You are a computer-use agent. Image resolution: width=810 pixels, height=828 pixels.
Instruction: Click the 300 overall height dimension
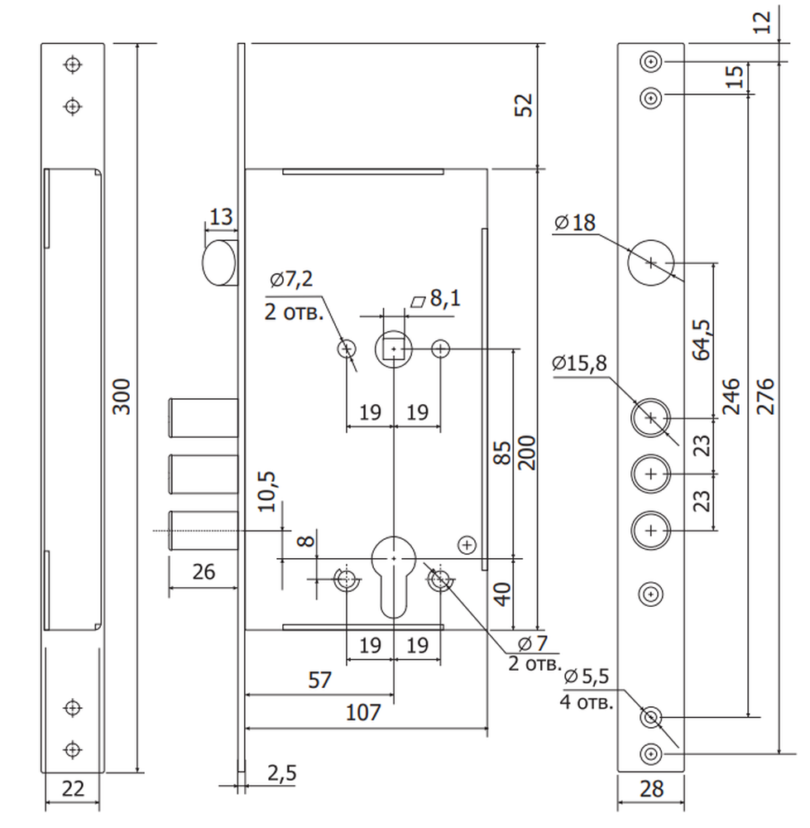(122, 397)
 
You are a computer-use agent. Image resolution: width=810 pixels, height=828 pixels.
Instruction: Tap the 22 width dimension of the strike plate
(73, 789)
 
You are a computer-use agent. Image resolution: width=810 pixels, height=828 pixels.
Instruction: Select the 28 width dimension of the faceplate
(651, 789)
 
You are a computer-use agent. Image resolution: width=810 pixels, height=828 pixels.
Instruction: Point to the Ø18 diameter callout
(575, 223)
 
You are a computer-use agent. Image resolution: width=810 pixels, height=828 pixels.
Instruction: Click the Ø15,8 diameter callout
(579, 363)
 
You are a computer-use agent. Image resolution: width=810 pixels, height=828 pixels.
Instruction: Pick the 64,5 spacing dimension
(702, 340)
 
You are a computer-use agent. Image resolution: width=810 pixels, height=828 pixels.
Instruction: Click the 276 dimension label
(765, 397)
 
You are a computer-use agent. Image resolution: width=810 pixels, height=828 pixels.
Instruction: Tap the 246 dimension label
(731, 397)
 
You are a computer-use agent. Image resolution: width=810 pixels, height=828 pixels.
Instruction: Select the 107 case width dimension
(363, 713)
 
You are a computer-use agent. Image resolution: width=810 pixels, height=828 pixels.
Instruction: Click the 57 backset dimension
(319, 680)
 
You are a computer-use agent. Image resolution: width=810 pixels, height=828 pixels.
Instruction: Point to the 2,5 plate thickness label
(282, 773)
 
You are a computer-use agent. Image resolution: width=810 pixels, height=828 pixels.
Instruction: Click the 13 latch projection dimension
(221, 217)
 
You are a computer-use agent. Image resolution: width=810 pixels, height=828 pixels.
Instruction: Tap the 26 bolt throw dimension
(204, 572)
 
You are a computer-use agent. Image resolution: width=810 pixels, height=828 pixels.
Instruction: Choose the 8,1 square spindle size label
(436, 299)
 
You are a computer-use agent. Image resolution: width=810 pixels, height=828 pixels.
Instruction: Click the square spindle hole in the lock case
(394, 349)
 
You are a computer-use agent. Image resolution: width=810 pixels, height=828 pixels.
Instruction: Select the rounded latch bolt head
(219, 262)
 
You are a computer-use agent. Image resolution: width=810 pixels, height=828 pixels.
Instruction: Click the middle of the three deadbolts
(204, 474)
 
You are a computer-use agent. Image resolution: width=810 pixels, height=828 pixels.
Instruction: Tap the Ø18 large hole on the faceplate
(651, 262)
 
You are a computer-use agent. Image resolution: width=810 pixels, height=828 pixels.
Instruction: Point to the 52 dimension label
(524, 105)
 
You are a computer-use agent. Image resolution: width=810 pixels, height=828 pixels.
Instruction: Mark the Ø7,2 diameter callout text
(291, 279)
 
